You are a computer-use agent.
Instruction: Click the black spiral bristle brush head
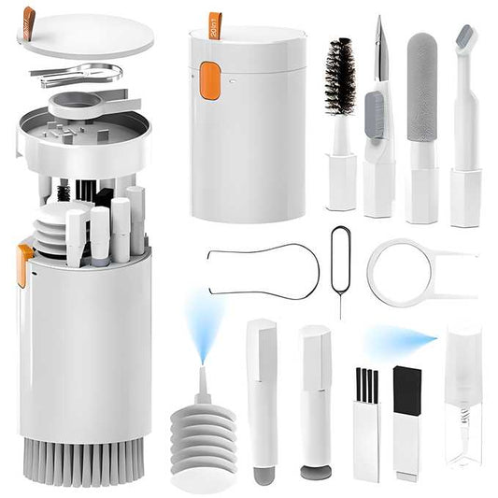point(339,77)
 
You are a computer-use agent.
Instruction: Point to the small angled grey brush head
point(464,42)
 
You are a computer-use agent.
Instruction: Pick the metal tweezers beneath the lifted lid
point(79,72)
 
